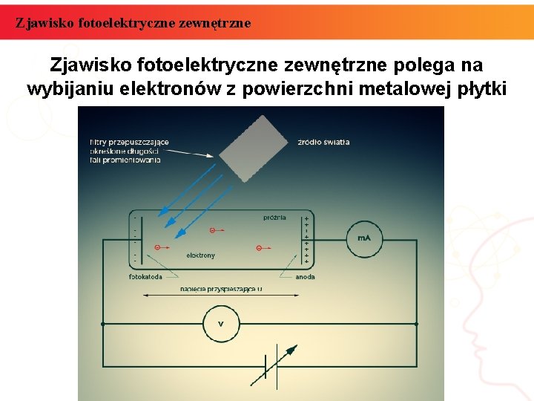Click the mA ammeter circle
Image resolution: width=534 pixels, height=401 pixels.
[363, 238]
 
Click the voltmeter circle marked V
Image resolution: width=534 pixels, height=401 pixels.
[220, 323]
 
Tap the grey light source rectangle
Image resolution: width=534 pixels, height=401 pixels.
[253, 148]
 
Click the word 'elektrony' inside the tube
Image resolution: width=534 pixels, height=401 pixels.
[200, 255]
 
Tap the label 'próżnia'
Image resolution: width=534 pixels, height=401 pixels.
[274, 218]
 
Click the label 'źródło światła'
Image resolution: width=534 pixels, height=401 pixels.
[323, 142]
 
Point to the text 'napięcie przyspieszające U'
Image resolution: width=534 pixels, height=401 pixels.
[220, 289]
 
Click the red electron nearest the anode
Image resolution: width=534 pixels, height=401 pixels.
[258, 247]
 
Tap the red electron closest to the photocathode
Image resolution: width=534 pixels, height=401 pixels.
[156, 247]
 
